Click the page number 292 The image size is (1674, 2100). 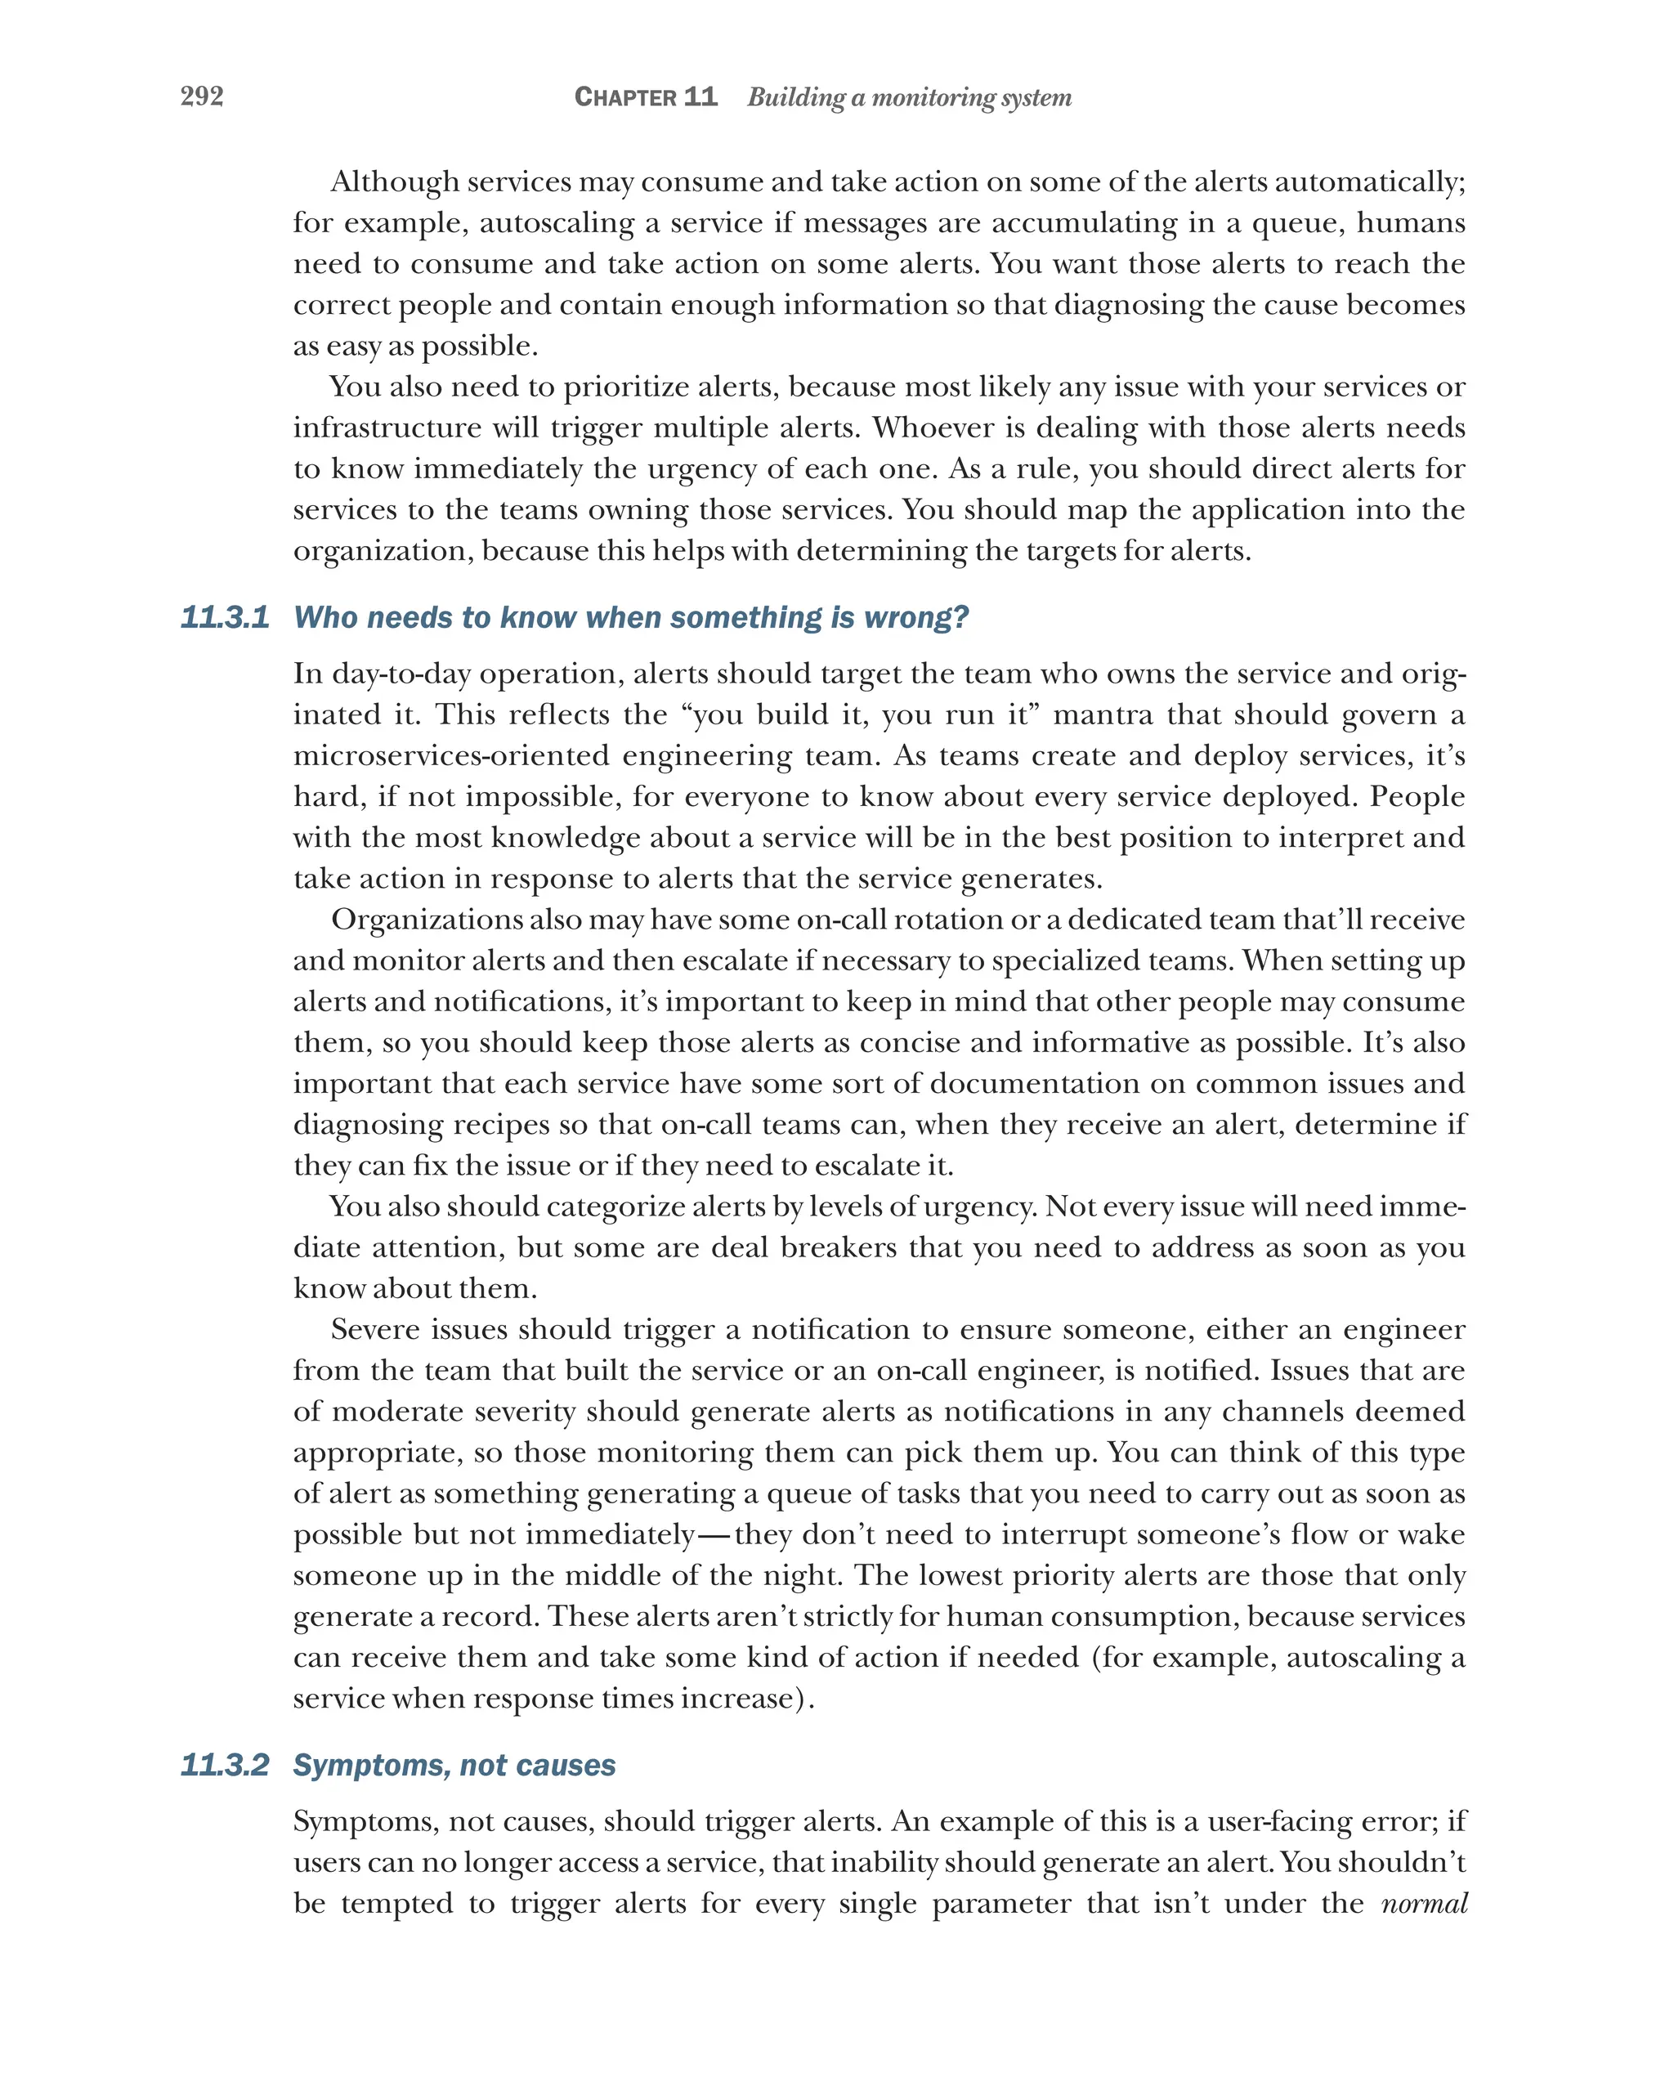click(202, 96)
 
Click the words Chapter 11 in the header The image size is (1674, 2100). click(645, 96)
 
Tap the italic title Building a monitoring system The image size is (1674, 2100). click(909, 97)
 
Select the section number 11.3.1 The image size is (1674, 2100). click(225, 617)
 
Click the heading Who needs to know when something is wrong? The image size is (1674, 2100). click(631, 617)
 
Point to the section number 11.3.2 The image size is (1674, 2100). click(225, 1765)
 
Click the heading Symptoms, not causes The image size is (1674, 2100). click(454, 1765)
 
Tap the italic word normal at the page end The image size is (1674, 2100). click(1423, 1903)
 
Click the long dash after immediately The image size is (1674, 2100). click(714, 1535)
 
